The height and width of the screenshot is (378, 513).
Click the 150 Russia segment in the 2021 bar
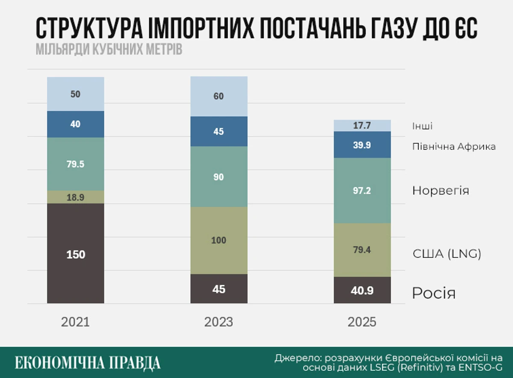pyautogui.click(x=76, y=254)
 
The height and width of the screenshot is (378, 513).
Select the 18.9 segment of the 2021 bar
pyautogui.click(x=76, y=197)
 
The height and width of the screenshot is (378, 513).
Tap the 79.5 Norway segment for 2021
pyautogui.click(x=76, y=164)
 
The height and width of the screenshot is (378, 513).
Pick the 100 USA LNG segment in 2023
pyautogui.click(x=219, y=240)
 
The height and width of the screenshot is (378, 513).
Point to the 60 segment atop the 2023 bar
pyautogui.click(x=219, y=96)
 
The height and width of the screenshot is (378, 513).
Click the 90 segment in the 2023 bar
pyautogui.click(x=219, y=177)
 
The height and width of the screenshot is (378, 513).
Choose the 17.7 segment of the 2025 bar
pyautogui.click(x=362, y=126)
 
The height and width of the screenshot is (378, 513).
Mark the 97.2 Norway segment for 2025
pyautogui.click(x=362, y=190)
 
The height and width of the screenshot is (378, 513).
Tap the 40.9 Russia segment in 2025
pyautogui.click(x=362, y=290)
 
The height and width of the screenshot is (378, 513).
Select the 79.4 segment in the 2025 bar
pyautogui.click(x=362, y=250)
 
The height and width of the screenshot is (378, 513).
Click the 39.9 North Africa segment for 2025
pyautogui.click(x=362, y=145)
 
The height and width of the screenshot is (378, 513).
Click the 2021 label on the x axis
pyautogui.click(x=76, y=322)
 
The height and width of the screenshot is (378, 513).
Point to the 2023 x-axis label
pyautogui.click(x=218, y=322)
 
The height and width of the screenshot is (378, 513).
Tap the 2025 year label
pyautogui.click(x=362, y=322)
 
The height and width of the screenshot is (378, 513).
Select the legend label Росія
pyautogui.click(x=433, y=294)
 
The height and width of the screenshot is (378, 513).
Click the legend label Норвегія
pyautogui.click(x=440, y=190)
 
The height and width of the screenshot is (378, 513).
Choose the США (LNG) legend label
pyautogui.click(x=447, y=254)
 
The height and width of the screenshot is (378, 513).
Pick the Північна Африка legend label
pyautogui.click(x=454, y=147)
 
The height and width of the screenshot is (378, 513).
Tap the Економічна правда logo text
pyautogui.click(x=88, y=362)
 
